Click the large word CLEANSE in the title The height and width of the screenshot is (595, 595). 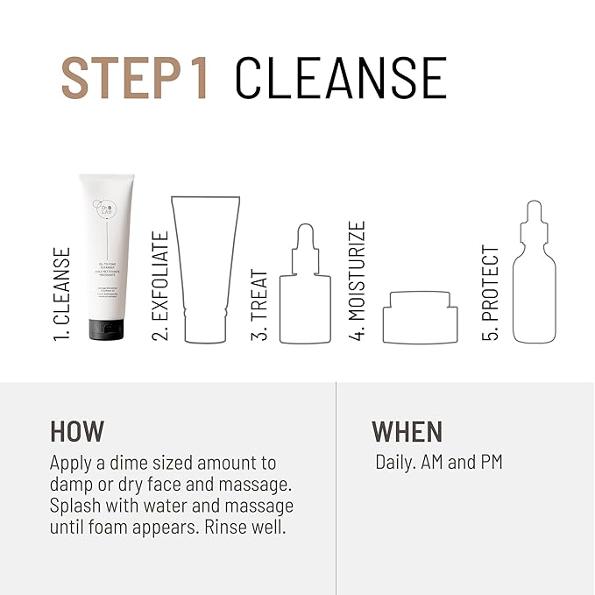(x=341, y=78)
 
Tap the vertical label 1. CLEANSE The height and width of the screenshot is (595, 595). (x=62, y=294)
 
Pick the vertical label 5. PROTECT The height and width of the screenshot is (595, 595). (x=492, y=293)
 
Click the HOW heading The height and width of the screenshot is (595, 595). (x=77, y=431)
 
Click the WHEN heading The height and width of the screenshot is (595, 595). (x=407, y=431)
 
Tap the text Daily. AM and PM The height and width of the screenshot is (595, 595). (x=439, y=462)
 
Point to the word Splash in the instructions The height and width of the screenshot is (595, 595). (x=76, y=506)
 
